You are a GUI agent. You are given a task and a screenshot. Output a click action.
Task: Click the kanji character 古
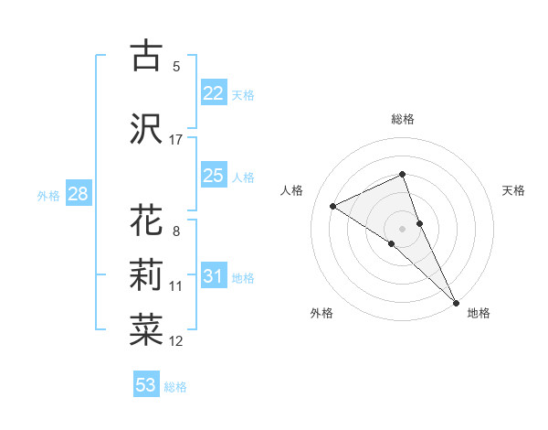[x=146, y=57]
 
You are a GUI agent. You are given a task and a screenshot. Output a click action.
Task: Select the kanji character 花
[x=146, y=221]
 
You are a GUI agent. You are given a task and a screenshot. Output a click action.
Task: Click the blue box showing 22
[x=213, y=93]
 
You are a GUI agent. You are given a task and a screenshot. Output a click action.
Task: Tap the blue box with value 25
[x=213, y=175]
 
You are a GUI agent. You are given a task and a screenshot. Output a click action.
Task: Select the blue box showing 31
[x=213, y=276]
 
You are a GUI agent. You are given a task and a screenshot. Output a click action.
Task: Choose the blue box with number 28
[x=78, y=194]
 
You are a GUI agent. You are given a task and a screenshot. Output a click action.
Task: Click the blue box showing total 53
[x=146, y=385]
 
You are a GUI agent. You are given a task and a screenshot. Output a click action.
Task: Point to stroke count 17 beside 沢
[x=176, y=140]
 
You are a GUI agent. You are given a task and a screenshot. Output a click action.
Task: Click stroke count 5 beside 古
[x=176, y=67]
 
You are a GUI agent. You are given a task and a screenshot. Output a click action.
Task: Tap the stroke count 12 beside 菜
[x=176, y=341]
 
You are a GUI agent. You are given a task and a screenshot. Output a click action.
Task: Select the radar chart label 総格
[x=403, y=119]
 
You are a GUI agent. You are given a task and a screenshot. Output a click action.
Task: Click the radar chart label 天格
[x=513, y=190]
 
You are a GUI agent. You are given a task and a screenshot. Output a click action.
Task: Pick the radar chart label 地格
[x=479, y=313]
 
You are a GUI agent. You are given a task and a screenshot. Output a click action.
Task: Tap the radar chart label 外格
[x=321, y=313]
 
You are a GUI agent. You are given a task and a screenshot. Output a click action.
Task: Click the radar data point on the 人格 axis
[x=333, y=206]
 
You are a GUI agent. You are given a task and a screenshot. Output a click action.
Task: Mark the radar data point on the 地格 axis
[x=456, y=301]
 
